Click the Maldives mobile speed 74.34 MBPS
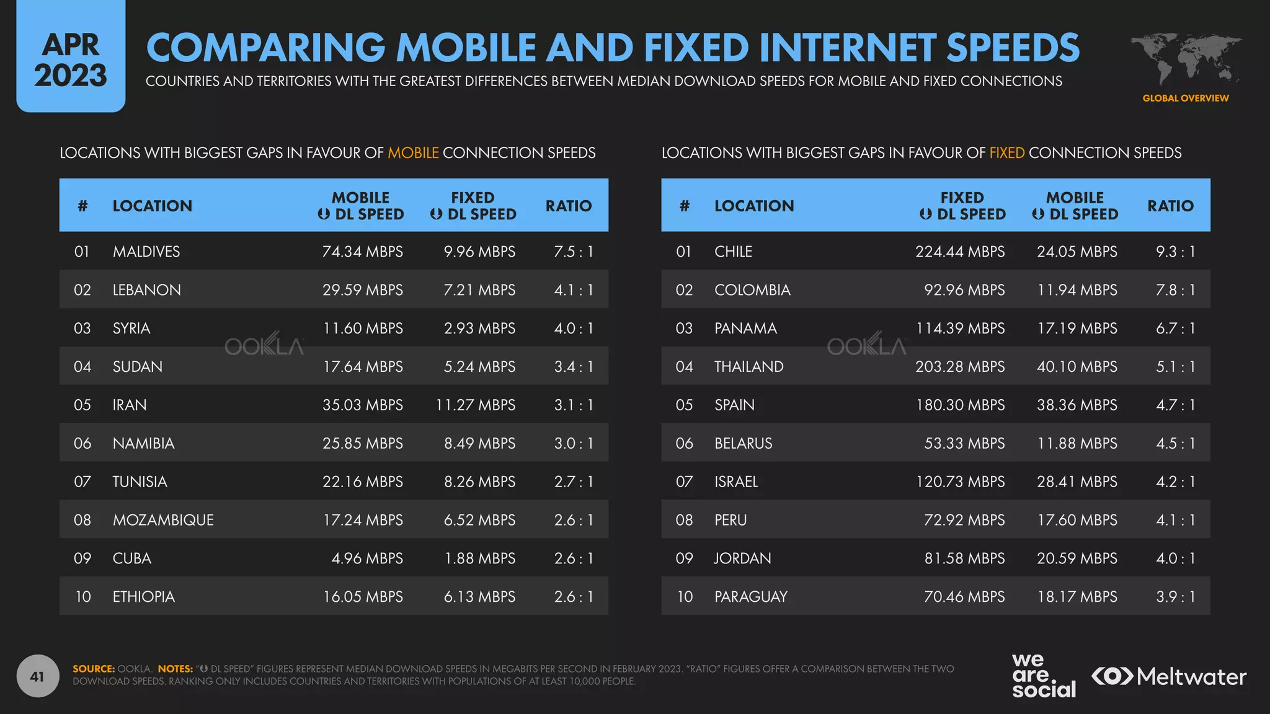(x=362, y=252)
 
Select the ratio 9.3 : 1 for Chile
(x=1175, y=252)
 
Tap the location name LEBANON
(x=146, y=290)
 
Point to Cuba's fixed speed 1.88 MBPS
(x=479, y=558)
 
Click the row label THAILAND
(x=748, y=367)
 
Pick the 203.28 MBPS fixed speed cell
(x=959, y=367)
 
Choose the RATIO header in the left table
(x=568, y=206)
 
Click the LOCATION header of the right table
(x=753, y=206)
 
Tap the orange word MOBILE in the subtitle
(x=413, y=153)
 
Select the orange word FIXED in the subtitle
(x=1006, y=153)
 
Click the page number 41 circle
(x=38, y=676)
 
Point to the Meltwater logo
(x=1169, y=676)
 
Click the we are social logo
(x=1044, y=676)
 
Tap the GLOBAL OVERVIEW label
(x=1185, y=99)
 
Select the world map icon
(x=1185, y=59)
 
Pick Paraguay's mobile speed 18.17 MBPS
(x=1077, y=597)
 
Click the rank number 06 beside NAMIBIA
(x=82, y=444)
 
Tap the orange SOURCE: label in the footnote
(x=94, y=669)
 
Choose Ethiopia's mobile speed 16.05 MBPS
(x=362, y=597)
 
